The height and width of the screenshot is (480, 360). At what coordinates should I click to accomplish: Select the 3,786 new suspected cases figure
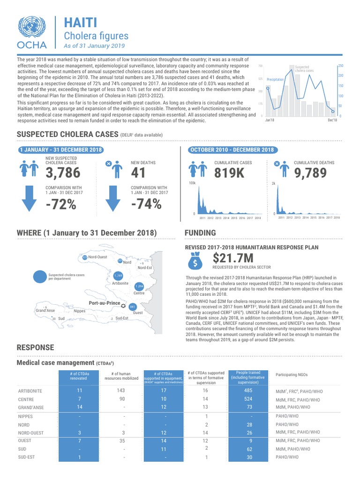pos(63,173)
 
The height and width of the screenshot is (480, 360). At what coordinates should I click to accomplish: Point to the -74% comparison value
pos(146,205)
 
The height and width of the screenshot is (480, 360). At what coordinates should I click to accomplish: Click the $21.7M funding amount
pos(233,258)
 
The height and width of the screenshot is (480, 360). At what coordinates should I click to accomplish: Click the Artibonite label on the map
pos(120,284)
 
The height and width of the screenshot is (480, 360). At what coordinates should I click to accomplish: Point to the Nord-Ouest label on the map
pos(97,257)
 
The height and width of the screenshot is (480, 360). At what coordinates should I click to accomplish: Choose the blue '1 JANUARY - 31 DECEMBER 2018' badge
pos(60,150)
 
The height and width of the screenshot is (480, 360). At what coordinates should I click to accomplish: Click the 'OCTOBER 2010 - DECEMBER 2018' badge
pos(231,150)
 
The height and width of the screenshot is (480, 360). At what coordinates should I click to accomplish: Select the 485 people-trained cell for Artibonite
pos(248,390)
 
